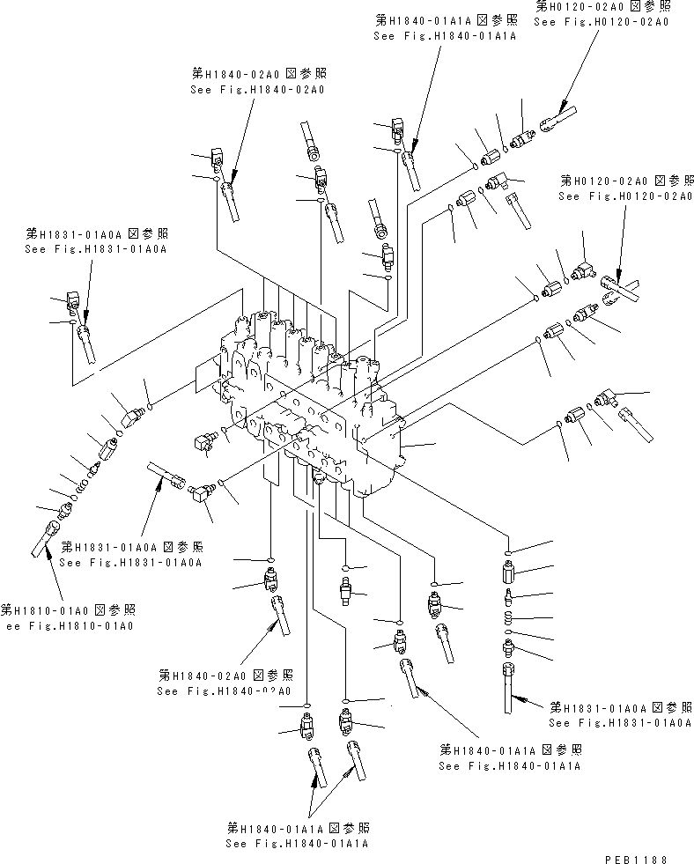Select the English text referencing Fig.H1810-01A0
[70, 625]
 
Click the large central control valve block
[308, 396]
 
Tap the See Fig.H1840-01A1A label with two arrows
[296, 844]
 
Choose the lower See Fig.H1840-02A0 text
[224, 691]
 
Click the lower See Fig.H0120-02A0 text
[624, 196]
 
